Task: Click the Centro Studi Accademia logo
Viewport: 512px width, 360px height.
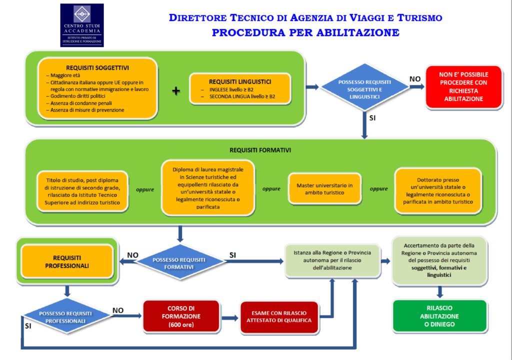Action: point(81,25)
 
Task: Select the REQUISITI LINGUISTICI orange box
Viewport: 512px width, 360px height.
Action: point(240,89)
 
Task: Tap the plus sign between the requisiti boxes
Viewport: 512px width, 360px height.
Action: point(175,90)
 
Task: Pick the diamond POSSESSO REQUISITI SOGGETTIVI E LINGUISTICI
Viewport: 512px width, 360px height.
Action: point(364,87)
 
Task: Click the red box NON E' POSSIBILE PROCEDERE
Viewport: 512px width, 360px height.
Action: point(463,87)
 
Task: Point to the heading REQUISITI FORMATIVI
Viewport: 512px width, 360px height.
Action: point(260,149)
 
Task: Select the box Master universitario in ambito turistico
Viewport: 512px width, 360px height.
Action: point(324,189)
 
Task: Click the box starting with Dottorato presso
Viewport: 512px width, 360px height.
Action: point(438,190)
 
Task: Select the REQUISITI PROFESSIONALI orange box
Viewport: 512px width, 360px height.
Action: point(67,261)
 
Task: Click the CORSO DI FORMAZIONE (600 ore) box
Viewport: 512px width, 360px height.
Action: point(181,316)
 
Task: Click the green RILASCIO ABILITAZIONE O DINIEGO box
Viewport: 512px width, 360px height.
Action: point(439,316)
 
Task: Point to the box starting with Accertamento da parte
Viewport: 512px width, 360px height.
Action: point(439,260)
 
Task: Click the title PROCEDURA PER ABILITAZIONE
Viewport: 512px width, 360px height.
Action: point(305,33)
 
